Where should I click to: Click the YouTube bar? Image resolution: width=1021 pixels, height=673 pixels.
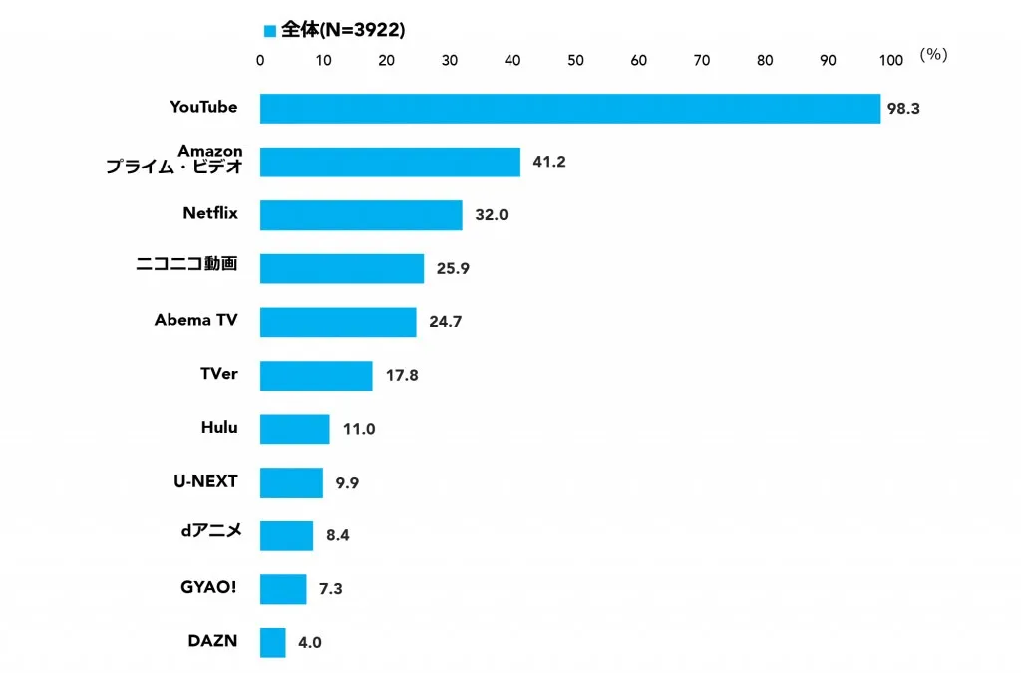coord(570,108)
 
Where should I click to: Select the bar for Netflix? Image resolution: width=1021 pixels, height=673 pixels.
coord(361,215)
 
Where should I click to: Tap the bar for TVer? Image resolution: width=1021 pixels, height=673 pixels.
coord(316,376)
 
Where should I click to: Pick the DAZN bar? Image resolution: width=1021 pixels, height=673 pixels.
coord(273,642)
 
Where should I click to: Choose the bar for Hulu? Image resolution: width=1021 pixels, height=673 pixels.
coord(294,429)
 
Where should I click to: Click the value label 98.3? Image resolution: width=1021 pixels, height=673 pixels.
coord(902,108)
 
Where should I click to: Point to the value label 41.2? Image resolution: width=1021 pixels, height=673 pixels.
coord(549,162)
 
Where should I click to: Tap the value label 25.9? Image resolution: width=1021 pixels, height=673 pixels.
coord(453,269)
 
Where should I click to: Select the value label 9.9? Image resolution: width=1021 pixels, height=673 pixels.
coord(347,483)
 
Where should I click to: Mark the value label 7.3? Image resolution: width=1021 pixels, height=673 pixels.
coord(330,589)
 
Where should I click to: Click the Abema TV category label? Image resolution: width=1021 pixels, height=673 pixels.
coord(195,320)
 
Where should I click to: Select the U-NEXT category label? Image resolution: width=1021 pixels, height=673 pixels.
coord(205,481)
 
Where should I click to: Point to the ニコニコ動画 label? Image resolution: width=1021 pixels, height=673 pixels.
coord(186,265)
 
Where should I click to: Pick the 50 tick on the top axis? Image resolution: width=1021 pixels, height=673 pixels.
coord(575,60)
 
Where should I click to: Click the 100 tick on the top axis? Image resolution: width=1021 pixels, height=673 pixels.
coord(891,60)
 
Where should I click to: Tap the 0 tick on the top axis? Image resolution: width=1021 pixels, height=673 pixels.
coord(260,60)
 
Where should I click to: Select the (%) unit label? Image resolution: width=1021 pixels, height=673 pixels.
coord(933,55)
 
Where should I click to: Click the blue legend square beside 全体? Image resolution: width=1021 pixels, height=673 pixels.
coord(269,31)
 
